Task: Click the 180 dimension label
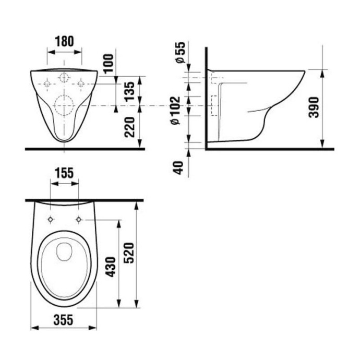[x=64, y=40]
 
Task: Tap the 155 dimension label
[x=64, y=173]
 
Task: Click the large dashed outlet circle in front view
[x=64, y=106]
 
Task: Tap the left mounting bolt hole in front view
[x=47, y=83]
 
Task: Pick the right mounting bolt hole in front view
[x=81, y=83]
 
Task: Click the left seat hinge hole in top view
[x=50, y=219]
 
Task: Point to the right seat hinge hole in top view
[x=79, y=219]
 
